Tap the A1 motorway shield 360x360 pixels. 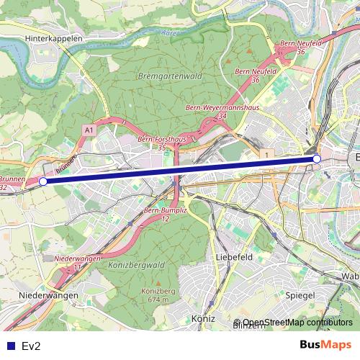(89, 130)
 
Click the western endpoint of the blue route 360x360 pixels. (42, 182)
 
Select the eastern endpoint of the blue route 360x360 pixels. (317, 158)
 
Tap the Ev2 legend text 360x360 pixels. (32, 346)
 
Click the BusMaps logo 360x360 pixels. (325, 346)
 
